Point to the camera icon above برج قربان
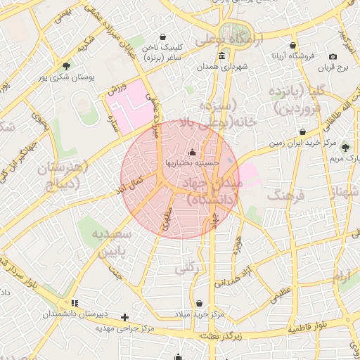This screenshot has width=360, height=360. click(x=333, y=56)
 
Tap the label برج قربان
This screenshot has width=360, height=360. click(x=333, y=67)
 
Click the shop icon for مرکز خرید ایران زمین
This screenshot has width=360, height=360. click(x=302, y=131)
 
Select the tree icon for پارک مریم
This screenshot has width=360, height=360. click(x=345, y=147)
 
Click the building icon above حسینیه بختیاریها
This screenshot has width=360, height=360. click(x=192, y=151)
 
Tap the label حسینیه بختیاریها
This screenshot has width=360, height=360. click(x=192, y=162)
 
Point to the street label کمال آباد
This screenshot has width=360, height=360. click(x=129, y=186)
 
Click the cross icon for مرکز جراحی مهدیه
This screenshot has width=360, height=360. click(x=125, y=318)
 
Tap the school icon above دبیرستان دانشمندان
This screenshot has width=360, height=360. click(x=75, y=303)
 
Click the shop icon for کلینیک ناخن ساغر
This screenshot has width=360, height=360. click(x=164, y=37)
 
